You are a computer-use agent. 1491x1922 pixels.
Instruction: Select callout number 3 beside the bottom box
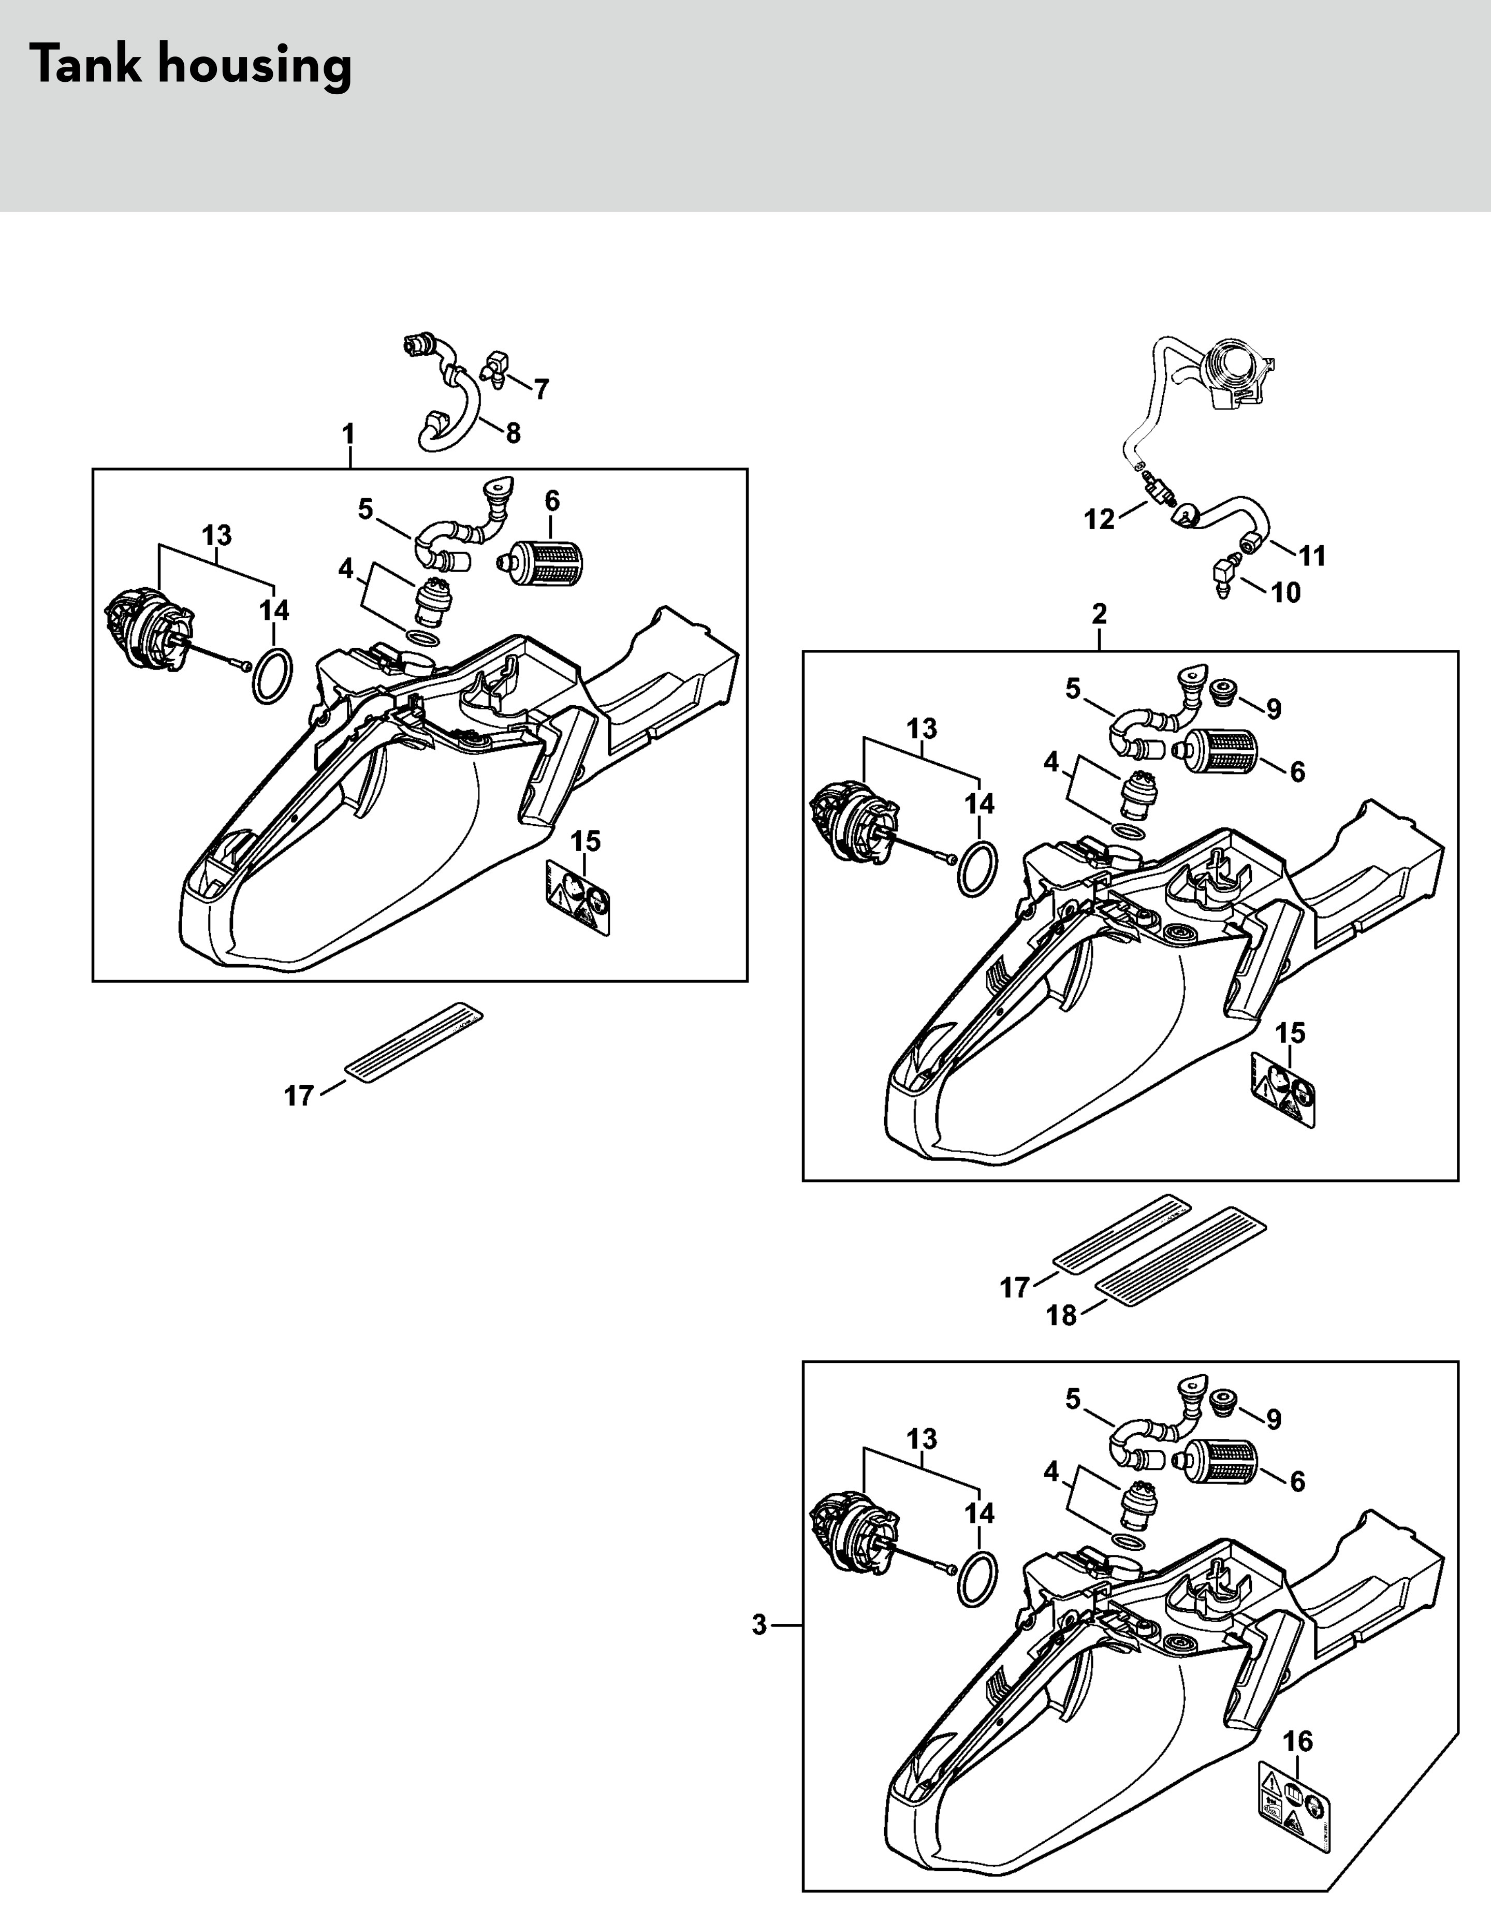[x=759, y=1625]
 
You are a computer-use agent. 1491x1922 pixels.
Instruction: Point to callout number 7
[x=542, y=388]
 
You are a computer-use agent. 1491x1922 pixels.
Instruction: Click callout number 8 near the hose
[x=513, y=432]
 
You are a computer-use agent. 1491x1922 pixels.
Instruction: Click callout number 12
[x=1099, y=519]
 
